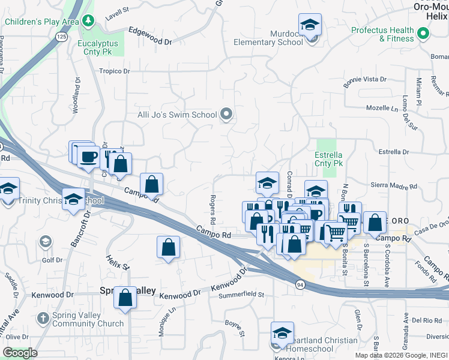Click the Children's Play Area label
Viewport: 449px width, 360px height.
[42, 22]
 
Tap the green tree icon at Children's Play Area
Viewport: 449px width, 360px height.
[88, 22]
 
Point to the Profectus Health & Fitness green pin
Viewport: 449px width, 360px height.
[424, 34]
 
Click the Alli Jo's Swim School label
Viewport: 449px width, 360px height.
[177, 114]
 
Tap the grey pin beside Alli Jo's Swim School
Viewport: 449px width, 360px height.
[226, 113]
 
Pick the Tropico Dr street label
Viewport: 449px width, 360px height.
[115, 71]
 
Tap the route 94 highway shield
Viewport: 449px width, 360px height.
[298, 283]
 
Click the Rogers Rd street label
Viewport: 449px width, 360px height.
[212, 209]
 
